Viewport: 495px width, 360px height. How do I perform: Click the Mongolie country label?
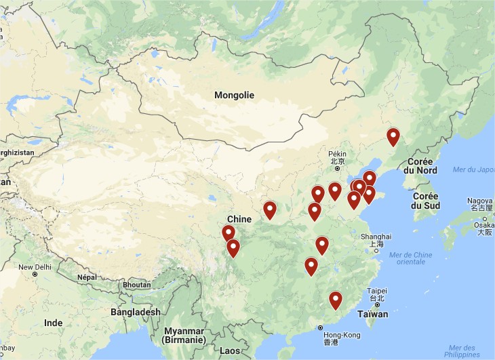click(x=234, y=95)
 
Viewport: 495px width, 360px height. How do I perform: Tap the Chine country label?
click(x=239, y=219)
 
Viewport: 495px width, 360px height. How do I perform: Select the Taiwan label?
click(x=373, y=314)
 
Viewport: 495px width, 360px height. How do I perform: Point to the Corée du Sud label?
click(x=426, y=201)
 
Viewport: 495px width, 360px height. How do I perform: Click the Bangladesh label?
click(x=136, y=312)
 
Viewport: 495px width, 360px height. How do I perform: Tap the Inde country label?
click(x=53, y=323)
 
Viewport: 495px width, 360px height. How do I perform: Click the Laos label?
click(x=230, y=351)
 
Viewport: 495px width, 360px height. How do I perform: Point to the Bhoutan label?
click(x=136, y=285)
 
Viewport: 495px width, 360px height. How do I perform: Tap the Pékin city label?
click(x=337, y=154)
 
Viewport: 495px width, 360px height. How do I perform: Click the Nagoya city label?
click(x=480, y=201)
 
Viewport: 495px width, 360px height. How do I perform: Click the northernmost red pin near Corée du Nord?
click(x=393, y=136)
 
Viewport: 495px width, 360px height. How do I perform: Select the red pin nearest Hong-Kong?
click(x=335, y=300)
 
